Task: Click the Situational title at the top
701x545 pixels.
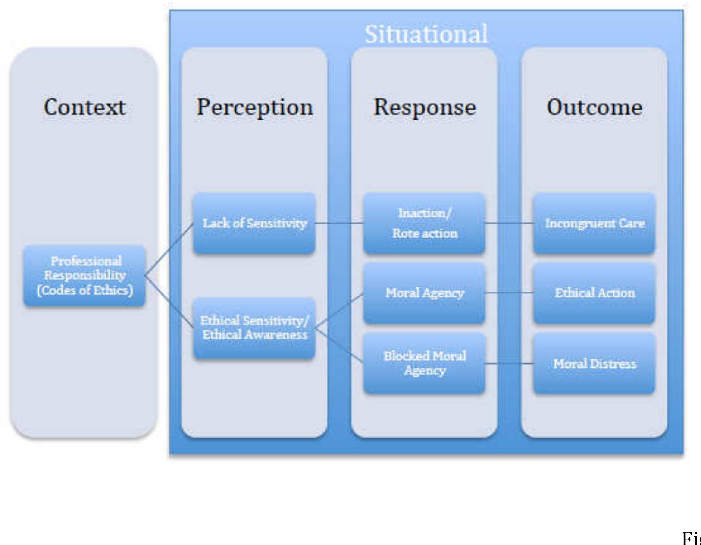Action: [426, 34]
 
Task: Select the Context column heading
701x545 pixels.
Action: [84, 107]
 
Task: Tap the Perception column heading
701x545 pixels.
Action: [255, 107]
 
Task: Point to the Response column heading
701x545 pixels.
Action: [425, 107]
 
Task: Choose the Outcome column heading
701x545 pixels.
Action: [595, 107]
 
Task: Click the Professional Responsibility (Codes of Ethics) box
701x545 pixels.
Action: [84, 276]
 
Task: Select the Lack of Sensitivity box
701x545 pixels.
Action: [254, 223]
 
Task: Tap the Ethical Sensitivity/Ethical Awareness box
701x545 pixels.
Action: [254, 328]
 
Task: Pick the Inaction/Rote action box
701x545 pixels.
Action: [424, 223]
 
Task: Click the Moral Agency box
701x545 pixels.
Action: [424, 293]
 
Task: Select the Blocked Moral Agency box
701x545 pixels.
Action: [424, 363]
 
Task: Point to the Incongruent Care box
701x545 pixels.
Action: [595, 223]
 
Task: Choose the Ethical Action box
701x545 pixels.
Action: [595, 293]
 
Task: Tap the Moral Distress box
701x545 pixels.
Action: [595, 363]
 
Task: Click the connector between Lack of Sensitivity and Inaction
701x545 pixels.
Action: [339, 223]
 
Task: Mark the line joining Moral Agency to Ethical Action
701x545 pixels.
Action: [509, 293]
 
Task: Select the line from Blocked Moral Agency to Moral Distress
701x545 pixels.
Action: [509, 364]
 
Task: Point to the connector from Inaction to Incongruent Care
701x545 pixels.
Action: [509, 223]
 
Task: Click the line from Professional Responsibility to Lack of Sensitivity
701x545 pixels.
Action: [169, 249]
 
